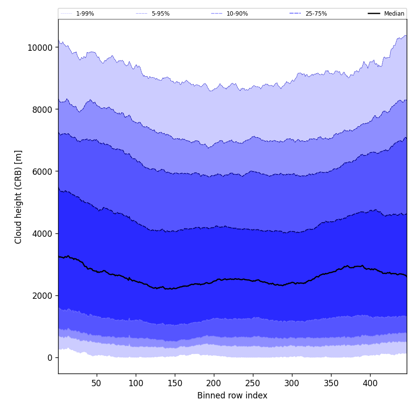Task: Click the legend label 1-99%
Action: [85, 14]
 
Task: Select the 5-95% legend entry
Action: [161, 14]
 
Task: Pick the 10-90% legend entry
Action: [237, 14]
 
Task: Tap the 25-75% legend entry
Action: [316, 14]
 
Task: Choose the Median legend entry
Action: [394, 14]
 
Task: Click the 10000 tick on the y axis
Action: [40, 47]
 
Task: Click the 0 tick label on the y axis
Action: [50, 357]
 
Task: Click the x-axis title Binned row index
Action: [232, 396]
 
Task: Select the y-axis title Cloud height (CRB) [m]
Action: [19, 197]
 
